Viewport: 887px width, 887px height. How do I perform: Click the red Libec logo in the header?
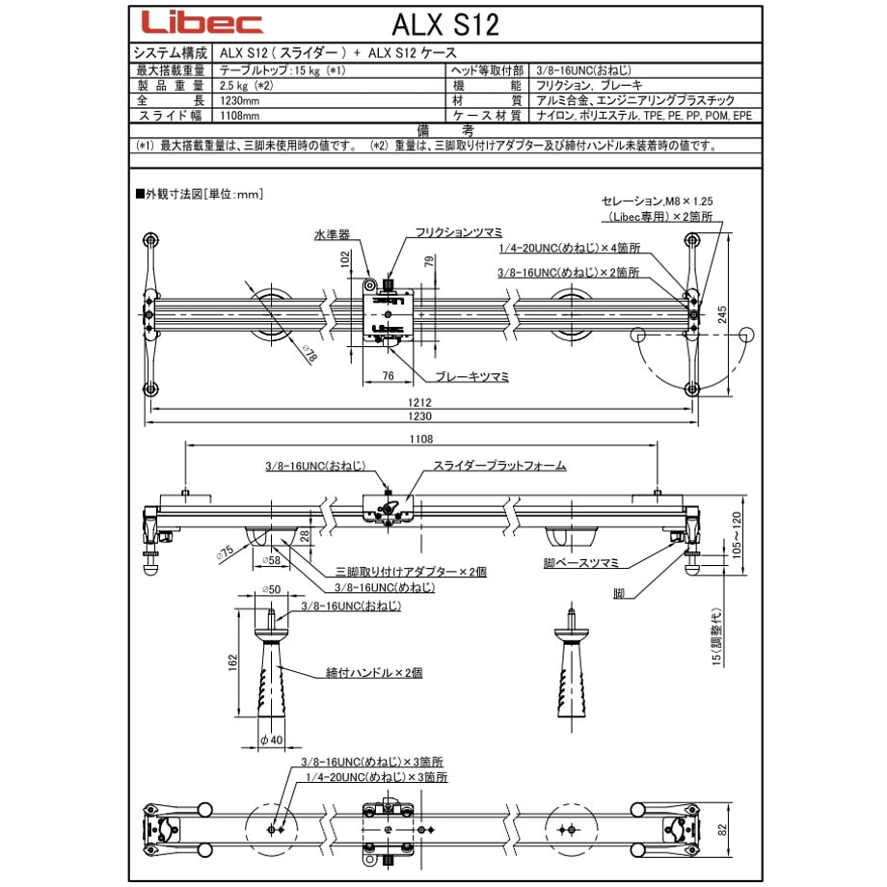202,22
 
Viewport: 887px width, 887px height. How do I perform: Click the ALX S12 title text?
445,25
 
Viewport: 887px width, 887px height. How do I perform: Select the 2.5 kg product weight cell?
247,86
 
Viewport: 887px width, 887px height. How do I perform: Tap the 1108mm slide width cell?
240,116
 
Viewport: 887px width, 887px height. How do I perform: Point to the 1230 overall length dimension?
419,417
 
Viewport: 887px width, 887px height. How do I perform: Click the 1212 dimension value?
419,402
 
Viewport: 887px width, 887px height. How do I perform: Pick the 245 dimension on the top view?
722,314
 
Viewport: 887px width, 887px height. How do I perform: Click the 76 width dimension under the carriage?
388,376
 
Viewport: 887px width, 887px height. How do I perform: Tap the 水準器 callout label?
332,234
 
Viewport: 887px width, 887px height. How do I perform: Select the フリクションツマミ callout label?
459,232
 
